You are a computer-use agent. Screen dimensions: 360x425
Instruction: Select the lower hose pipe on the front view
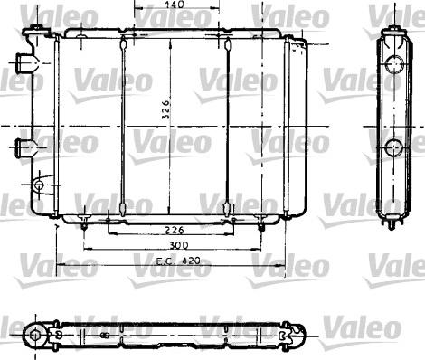(x=24, y=145)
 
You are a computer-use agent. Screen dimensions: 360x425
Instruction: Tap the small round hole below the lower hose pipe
(x=37, y=185)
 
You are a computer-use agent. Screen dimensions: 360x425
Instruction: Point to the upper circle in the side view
(x=394, y=64)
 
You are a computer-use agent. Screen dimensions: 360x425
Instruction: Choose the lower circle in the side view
(x=394, y=148)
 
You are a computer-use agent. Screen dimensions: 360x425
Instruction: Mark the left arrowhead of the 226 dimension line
(x=110, y=221)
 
